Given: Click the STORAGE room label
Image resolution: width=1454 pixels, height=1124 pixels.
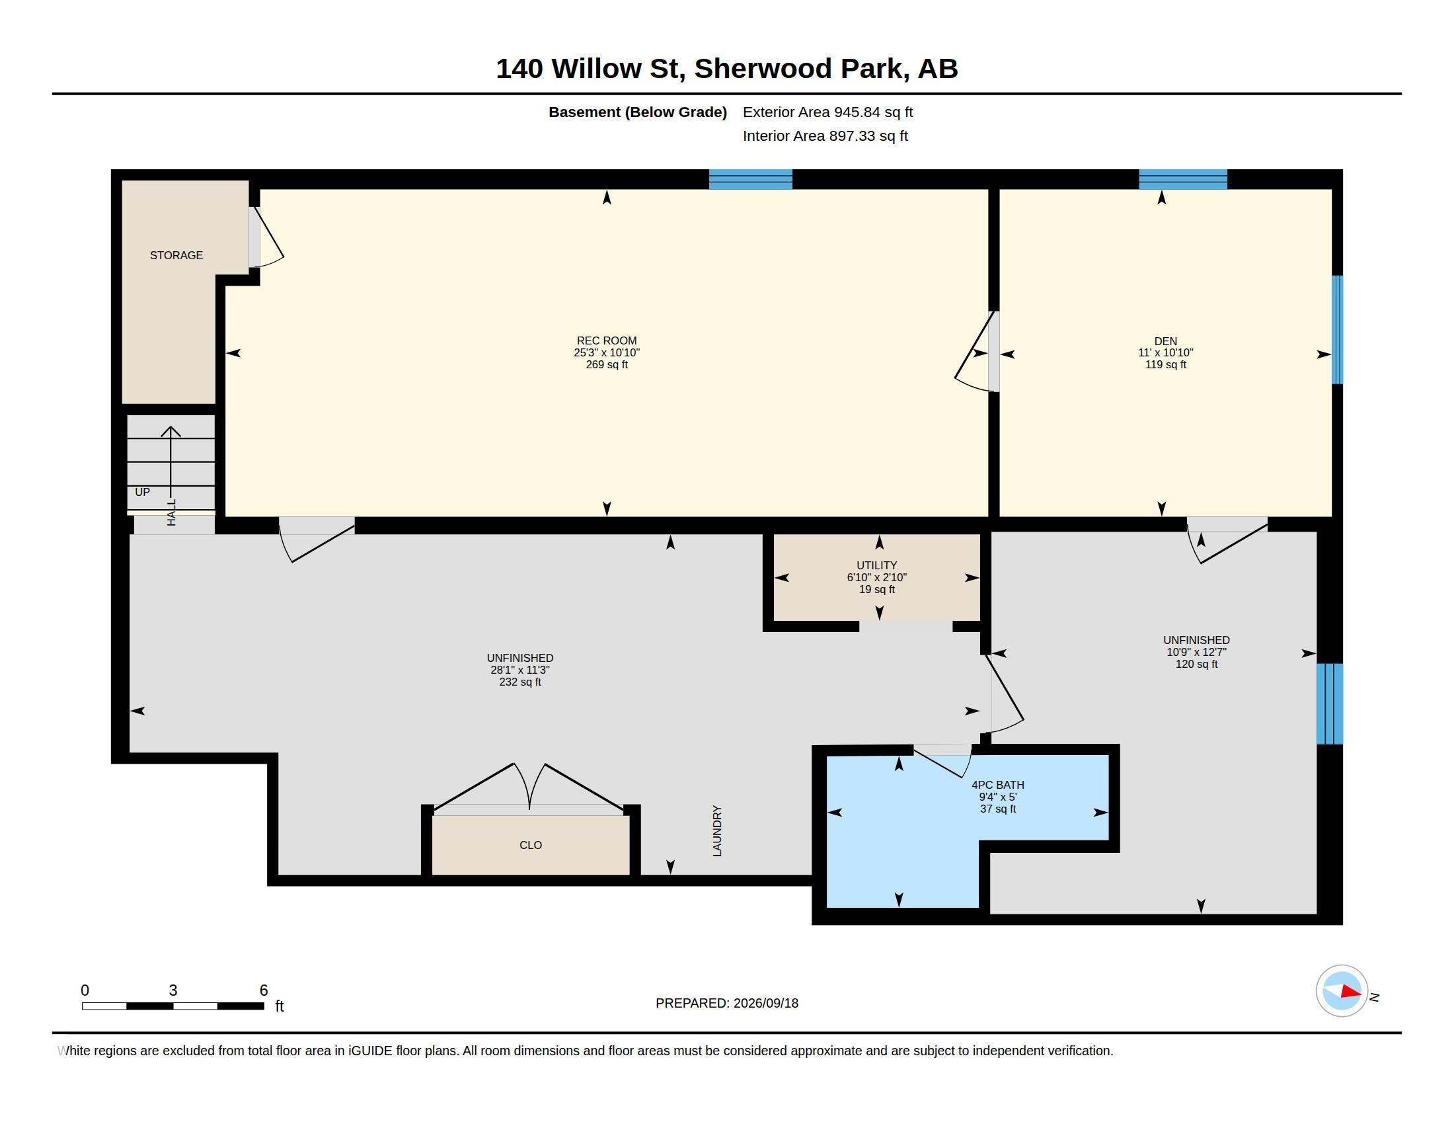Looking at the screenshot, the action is tap(176, 255).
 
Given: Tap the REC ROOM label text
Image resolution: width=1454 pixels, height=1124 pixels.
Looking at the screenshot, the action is tap(607, 341).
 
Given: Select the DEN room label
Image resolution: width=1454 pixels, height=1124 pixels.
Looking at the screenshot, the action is tap(1166, 341).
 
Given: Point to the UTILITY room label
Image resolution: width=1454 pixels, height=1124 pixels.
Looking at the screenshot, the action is tap(877, 565).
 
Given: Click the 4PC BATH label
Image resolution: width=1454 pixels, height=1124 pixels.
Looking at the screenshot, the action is tap(998, 784).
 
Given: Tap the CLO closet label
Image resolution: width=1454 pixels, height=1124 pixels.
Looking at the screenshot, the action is tap(531, 845).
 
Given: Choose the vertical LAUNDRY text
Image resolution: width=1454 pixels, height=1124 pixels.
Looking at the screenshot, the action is tap(717, 830).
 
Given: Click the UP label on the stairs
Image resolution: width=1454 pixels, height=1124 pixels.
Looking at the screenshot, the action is tap(143, 492).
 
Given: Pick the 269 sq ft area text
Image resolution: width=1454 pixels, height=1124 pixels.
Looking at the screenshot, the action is tap(607, 365).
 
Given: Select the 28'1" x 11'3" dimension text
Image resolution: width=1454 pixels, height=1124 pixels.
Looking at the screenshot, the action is tap(520, 670).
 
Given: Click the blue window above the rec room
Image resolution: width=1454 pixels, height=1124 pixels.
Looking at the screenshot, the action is tap(750, 179).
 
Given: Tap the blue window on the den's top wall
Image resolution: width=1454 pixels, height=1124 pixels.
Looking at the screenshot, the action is tap(1183, 179).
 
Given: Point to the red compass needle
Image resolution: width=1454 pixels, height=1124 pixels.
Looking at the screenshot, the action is tap(1350, 992).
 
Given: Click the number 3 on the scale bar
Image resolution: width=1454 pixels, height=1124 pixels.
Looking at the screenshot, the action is tap(173, 990).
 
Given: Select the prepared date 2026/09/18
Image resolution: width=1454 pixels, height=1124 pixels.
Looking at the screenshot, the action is tap(765, 1003).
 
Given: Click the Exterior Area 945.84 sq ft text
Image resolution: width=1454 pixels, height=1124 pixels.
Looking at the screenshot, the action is tap(827, 112).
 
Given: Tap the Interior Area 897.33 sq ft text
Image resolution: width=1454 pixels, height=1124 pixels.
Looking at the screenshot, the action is tap(825, 136).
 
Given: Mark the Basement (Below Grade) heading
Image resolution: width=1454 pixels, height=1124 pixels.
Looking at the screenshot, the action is tap(638, 112).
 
